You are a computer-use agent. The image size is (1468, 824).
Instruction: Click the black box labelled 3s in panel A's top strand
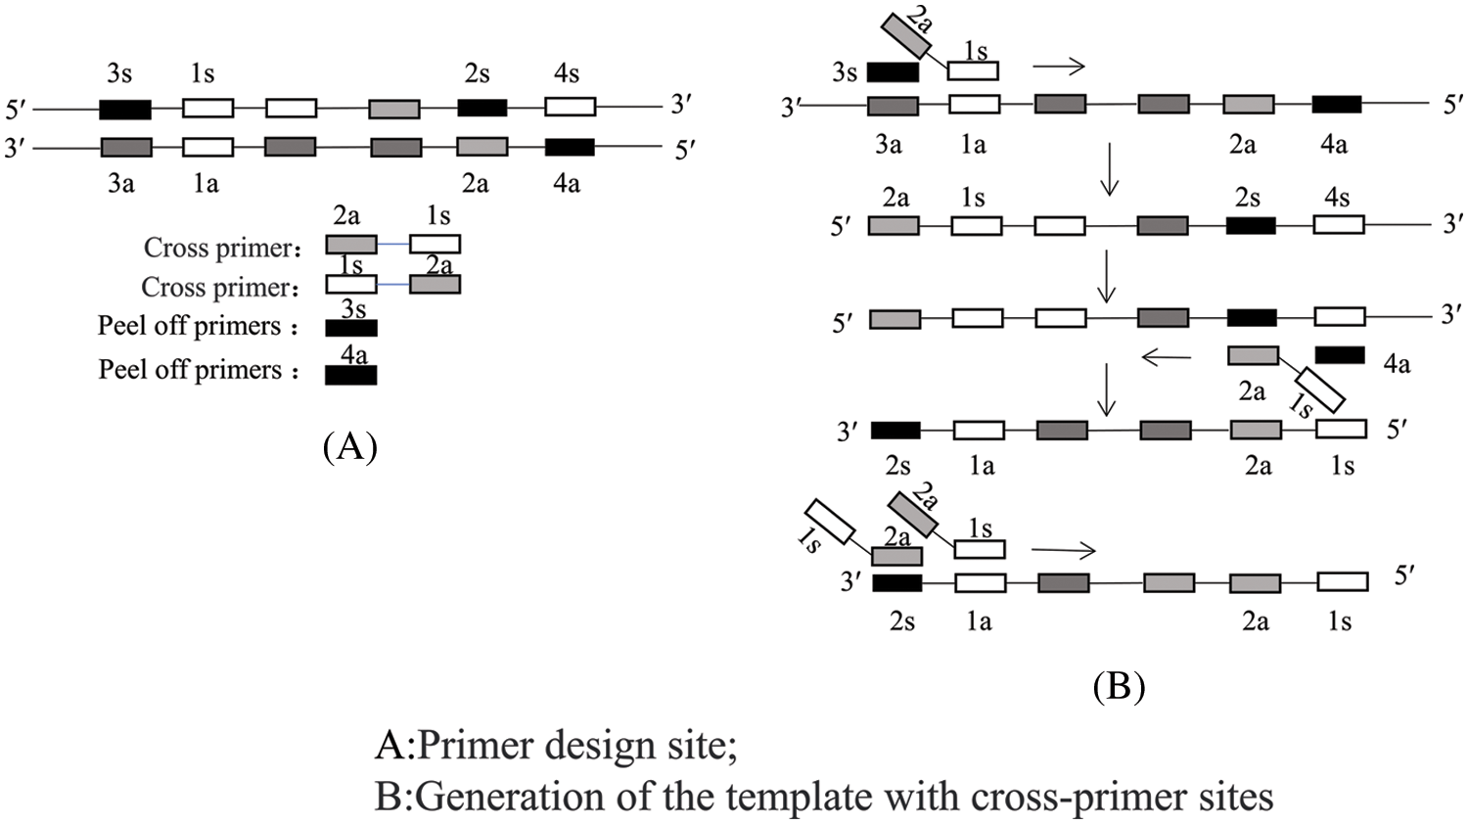point(125,108)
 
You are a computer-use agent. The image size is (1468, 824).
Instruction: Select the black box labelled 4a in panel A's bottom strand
point(570,147)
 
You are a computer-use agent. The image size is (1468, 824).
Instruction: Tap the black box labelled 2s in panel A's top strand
point(482,107)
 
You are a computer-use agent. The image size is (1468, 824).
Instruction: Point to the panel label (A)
point(349,446)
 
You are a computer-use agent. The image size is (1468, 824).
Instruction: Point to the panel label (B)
point(1118,686)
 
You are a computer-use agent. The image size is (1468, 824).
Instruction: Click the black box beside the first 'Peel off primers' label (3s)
point(351,328)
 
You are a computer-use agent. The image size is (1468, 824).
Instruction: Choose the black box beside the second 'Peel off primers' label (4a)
point(351,374)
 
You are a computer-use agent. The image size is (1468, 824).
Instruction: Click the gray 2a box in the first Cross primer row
point(351,244)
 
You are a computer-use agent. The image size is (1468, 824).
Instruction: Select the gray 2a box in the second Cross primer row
point(435,285)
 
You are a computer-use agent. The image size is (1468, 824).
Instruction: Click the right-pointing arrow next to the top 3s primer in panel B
point(1059,67)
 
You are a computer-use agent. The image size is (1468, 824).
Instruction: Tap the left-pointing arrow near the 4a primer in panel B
point(1166,358)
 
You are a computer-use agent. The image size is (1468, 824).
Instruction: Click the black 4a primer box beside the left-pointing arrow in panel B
point(1340,354)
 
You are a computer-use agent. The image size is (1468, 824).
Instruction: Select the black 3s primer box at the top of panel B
point(893,71)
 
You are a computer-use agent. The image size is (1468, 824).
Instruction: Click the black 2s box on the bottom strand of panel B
point(896,583)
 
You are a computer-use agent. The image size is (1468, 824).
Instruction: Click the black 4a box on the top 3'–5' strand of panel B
point(1336,104)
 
